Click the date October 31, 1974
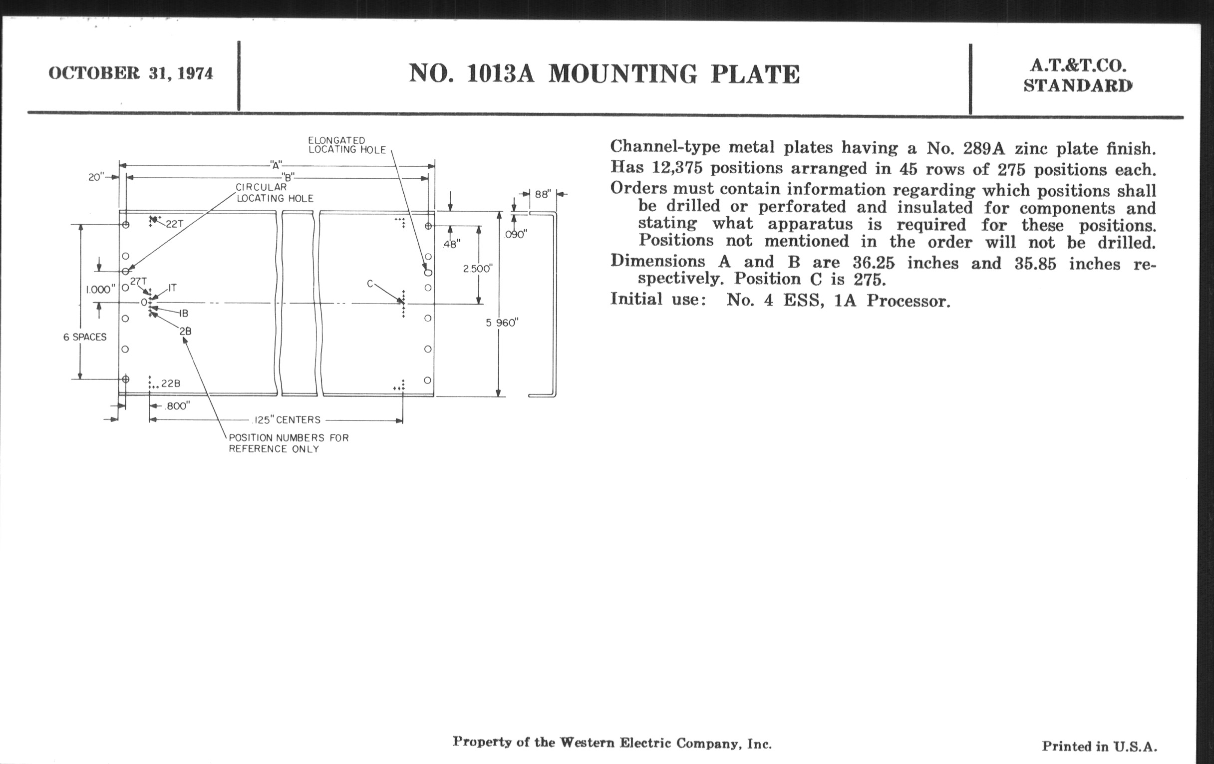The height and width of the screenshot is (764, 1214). click(x=131, y=73)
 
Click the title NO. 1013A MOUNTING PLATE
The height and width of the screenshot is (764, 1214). click(x=604, y=74)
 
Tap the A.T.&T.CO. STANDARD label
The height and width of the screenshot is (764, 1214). click(x=1077, y=75)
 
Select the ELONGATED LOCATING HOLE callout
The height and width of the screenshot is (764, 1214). click(x=347, y=145)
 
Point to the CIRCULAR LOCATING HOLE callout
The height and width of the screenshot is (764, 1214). click(x=274, y=193)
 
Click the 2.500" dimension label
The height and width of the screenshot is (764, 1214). click(x=477, y=269)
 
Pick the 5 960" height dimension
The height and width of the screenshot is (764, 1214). click(x=502, y=323)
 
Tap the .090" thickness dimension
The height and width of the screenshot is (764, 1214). click(x=515, y=235)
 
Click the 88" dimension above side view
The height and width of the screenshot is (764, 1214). click(x=542, y=194)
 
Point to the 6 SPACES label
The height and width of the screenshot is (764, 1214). click(x=85, y=337)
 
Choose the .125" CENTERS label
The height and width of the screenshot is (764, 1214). click(x=286, y=419)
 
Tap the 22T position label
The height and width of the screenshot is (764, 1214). click(x=174, y=224)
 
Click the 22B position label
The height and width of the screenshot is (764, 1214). click(x=170, y=384)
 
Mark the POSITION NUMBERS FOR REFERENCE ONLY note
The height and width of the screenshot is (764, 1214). click(x=289, y=443)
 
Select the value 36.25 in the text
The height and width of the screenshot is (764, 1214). click(x=873, y=263)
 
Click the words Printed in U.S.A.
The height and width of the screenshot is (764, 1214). click(x=1099, y=747)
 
